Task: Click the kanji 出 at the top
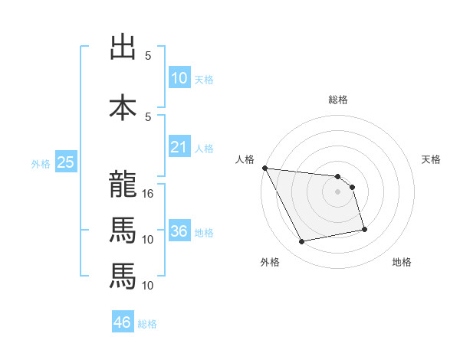[x=123, y=47]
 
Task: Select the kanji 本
[x=123, y=107]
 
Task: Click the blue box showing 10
[x=179, y=78]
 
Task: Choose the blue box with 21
[x=179, y=147]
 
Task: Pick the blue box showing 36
[x=179, y=231]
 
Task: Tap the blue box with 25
[x=65, y=162]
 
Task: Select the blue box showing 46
[x=123, y=322]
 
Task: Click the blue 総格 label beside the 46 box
[x=147, y=324]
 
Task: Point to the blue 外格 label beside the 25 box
[x=40, y=163]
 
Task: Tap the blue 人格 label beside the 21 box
[x=204, y=148]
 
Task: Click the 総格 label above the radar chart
[x=338, y=100]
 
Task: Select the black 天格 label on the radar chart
[x=432, y=159]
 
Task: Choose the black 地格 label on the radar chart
[x=402, y=262]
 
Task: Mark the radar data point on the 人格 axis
[x=264, y=168]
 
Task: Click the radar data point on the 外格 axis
[x=302, y=242]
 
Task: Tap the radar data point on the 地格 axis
[x=364, y=229]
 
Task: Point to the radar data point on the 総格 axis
[x=338, y=177]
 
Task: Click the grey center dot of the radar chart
[x=338, y=191]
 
